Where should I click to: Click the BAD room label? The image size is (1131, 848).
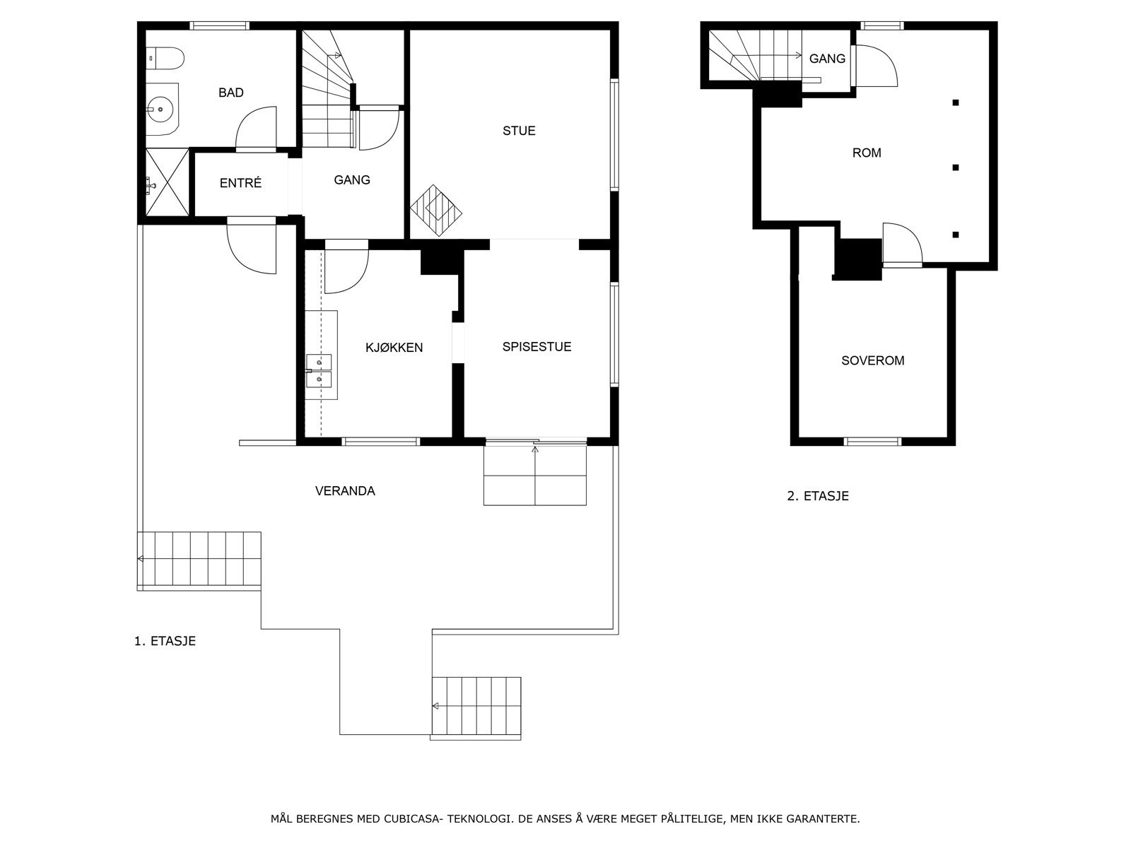(x=231, y=93)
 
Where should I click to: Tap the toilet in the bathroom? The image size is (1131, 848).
(x=165, y=59)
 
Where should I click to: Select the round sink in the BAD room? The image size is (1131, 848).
(x=162, y=109)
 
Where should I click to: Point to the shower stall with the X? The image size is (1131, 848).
(x=168, y=182)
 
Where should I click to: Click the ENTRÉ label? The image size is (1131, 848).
(x=240, y=183)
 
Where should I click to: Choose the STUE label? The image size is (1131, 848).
(x=519, y=131)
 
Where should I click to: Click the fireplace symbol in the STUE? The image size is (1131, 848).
(x=436, y=211)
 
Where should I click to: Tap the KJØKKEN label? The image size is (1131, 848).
(x=394, y=348)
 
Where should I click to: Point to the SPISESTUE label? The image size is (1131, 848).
(x=537, y=347)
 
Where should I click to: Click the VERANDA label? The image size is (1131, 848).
(x=345, y=491)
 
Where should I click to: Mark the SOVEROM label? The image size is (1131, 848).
(x=873, y=361)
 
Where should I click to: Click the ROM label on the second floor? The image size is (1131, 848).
(x=867, y=153)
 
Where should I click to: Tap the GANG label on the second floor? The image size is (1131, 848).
(x=827, y=59)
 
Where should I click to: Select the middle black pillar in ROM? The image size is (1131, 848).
(x=955, y=167)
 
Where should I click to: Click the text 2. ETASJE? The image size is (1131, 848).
(x=818, y=496)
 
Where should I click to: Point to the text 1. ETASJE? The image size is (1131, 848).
(x=165, y=641)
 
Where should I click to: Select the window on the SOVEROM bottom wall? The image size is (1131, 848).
(x=872, y=441)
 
